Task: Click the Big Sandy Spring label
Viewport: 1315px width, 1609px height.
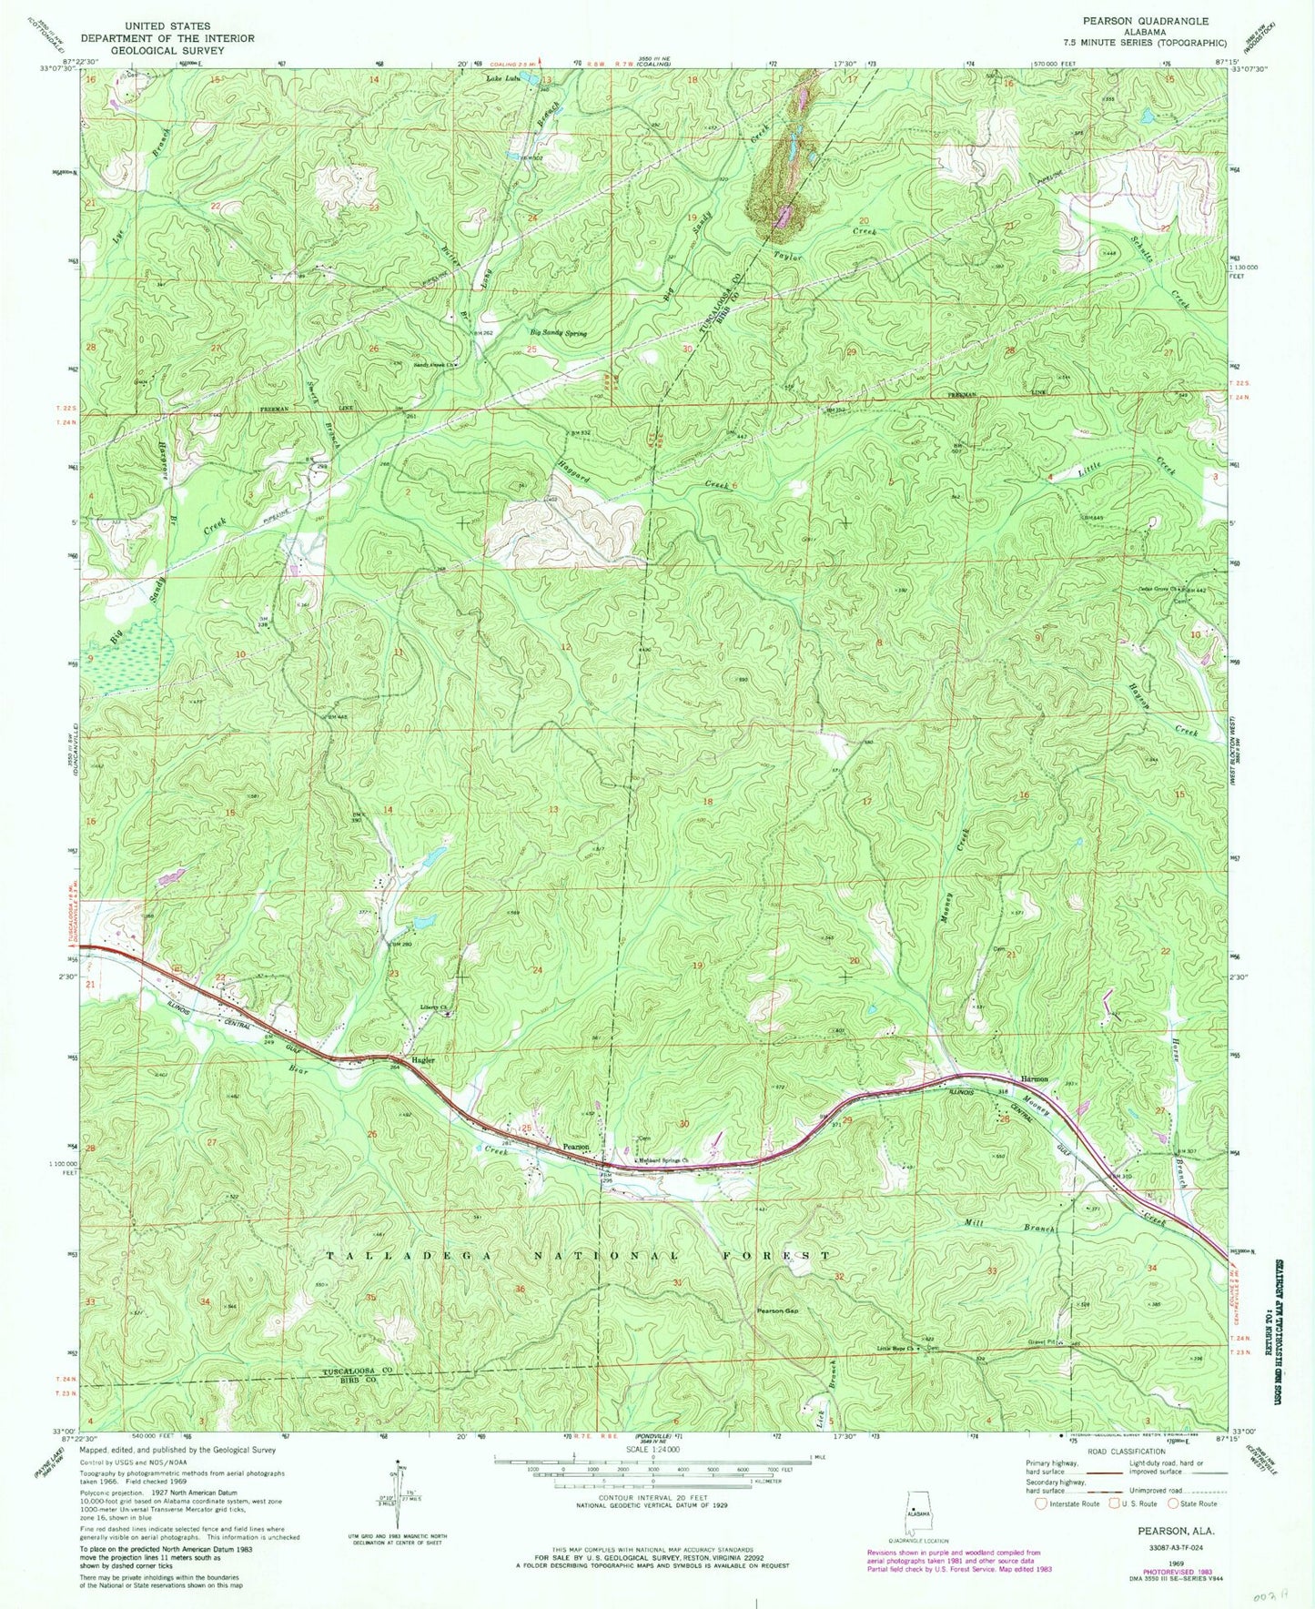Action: (559, 333)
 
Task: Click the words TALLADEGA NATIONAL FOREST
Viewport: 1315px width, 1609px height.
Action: (578, 1256)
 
